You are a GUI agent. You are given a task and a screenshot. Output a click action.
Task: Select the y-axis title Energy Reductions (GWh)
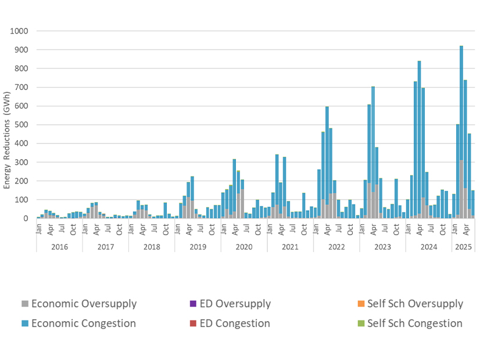click(x=8, y=139)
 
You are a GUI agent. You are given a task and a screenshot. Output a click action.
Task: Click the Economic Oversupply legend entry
click(x=84, y=304)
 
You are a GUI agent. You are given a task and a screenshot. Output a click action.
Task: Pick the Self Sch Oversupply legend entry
click(x=416, y=304)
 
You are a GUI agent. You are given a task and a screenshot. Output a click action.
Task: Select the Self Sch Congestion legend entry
click(x=415, y=323)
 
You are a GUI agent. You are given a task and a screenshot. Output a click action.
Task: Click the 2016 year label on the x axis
click(x=59, y=246)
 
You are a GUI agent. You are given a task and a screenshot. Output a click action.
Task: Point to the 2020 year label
click(x=243, y=246)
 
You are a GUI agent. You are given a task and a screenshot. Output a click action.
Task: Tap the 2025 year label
click(x=463, y=246)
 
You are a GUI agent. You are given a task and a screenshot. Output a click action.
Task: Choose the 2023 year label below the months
click(x=382, y=246)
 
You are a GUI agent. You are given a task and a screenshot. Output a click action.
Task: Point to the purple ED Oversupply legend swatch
click(x=193, y=304)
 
